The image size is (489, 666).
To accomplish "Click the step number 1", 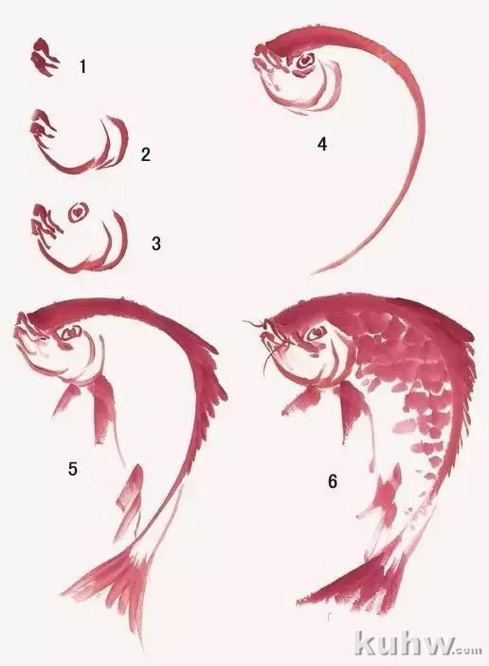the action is pos(82,66).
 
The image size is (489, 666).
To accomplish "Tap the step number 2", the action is pos(146,154).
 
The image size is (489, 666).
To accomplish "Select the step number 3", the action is pos(156,243).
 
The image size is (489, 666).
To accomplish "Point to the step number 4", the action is pos(322,144).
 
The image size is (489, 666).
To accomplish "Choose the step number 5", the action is pos(73,469).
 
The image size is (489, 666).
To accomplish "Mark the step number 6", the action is pos(333,481).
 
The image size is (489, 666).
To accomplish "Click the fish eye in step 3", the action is pos(78,210).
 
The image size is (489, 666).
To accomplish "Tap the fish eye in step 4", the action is pos(304,62).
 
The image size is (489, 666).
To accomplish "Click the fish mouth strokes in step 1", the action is pos(45,58).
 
